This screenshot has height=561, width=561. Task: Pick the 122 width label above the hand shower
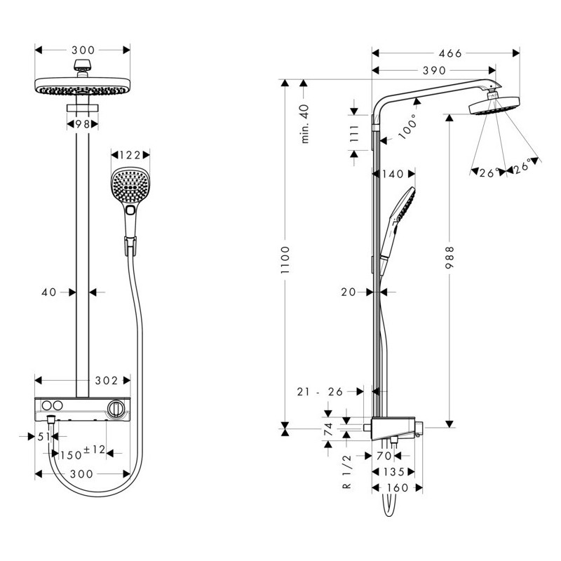130,156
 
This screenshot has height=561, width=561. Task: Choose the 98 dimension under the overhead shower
83,124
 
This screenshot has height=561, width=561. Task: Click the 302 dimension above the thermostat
106,381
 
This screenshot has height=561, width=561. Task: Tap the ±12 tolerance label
94,449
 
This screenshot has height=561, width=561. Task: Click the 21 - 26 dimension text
319,392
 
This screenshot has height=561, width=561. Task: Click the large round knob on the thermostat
116,407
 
